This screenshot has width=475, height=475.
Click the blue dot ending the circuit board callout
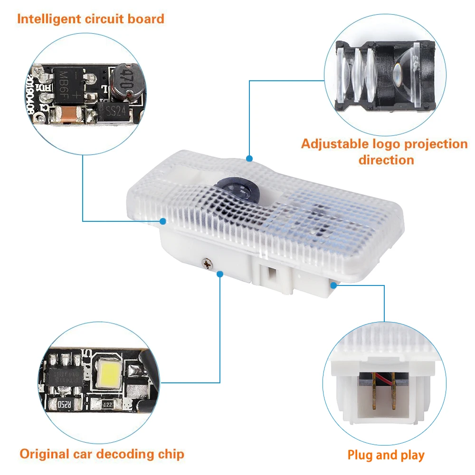point(163,221)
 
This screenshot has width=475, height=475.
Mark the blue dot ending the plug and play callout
point(334,285)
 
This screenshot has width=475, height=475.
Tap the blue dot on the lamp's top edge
point(249,158)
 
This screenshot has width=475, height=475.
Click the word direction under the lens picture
point(386,159)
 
